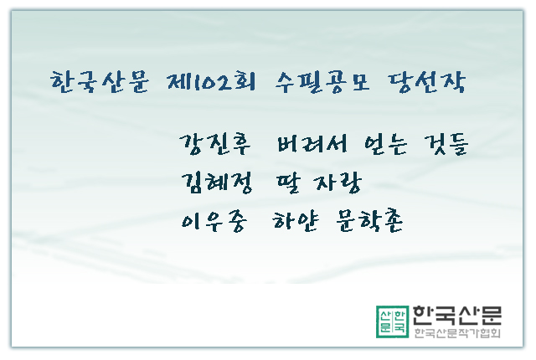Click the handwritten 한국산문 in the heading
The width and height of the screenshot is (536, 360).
(x=100, y=82)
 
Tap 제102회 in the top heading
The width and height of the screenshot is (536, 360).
(x=211, y=82)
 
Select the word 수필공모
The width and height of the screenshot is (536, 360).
(x=322, y=82)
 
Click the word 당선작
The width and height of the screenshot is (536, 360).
(x=427, y=82)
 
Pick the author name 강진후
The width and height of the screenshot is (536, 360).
(x=215, y=145)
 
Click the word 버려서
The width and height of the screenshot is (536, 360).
(x=312, y=144)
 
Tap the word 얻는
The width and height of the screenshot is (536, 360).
(x=385, y=145)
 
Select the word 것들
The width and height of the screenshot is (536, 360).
(x=446, y=145)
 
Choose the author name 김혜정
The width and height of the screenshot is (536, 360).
(x=217, y=183)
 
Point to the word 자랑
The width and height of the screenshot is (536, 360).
(x=338, y=183)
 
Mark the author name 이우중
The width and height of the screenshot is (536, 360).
(x=214, y=222)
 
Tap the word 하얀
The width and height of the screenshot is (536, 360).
(x=296, y=222)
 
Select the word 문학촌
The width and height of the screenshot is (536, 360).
(x=369, y=222)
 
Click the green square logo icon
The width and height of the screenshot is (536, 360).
(x=392, y=321)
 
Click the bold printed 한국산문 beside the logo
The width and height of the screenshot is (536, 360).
(x=457, y=316)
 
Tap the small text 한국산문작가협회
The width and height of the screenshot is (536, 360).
(x=457, y=333)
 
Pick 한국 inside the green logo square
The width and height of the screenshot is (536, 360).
(x=399, y=321)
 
